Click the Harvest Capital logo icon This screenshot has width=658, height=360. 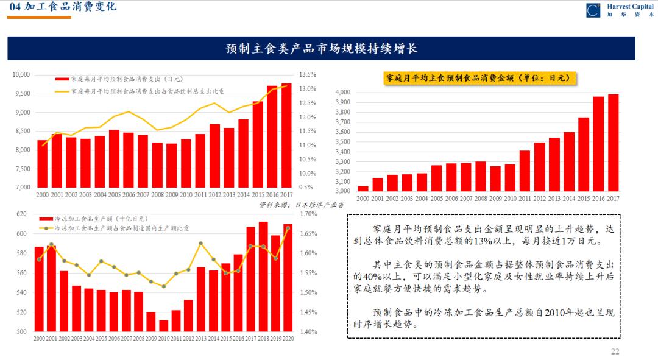pyautogui.click(x=593, y=10)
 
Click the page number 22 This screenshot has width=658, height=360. pyautogui.click(x=615, y=351)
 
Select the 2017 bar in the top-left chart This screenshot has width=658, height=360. pyautogui.click(x=286, y=135)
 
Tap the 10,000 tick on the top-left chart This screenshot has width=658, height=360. pyautogui.click(x=21, y=75)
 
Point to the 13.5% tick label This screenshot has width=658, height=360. pyautogui.click(x=308, y=75)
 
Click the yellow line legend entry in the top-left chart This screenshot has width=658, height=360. pyautogui.click(x=140, y=91)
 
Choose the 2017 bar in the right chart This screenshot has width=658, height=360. pyautogui.click(x=613, y=143)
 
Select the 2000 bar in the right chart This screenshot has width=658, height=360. pyautogui.click(x=363, y=189)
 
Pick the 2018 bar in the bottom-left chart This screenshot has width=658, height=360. pyautogui.click(x=263, y=277)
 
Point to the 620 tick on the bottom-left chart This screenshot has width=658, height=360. pyautogui.click(x=21, y=214)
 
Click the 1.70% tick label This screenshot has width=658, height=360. pyautogui.click(x=309, y=214)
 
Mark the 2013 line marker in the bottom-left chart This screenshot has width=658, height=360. pyautogui.click(x=201, y=244)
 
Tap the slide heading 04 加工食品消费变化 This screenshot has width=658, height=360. pyautogui.click(x=62, y=7)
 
